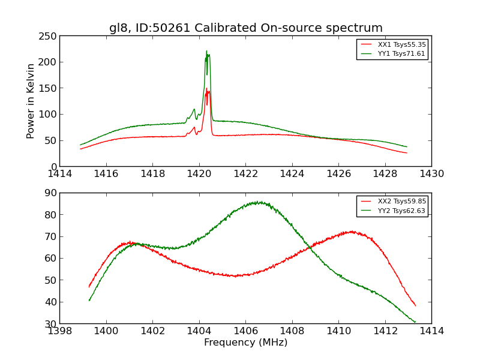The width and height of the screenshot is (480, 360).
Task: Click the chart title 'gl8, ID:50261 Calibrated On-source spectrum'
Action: click(245, 28)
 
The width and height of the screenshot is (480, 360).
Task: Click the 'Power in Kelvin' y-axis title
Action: click(31, 101)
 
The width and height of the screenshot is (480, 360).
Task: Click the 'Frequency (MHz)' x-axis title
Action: click(245, 343)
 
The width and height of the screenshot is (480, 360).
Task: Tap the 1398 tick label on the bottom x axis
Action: click(60, 331)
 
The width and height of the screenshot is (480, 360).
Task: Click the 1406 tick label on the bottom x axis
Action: click(245, 331)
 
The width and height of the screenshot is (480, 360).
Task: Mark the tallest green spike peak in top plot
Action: click(206, 51)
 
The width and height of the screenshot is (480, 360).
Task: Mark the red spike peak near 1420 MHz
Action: click(206, 88)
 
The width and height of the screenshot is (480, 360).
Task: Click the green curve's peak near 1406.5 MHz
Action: click(258, 202)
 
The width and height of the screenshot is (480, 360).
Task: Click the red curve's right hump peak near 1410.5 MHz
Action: click(351, 231)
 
